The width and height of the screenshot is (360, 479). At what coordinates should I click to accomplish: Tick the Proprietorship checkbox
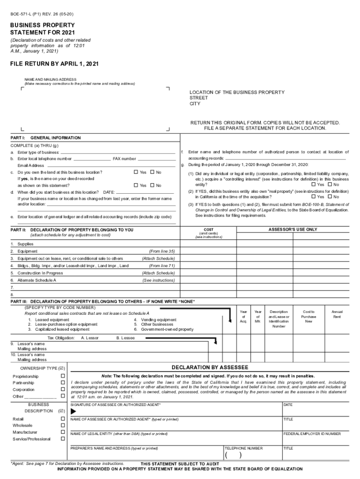coord(63,376)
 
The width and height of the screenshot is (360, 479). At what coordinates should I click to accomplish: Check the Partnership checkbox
coord(63,383)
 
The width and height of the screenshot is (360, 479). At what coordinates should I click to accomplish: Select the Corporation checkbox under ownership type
coord(63,389)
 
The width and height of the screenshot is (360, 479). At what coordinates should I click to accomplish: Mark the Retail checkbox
coord(63,419)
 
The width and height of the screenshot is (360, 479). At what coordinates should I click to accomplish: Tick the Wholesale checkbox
coord(63,425)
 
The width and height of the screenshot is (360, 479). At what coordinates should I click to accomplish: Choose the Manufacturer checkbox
coord(63,432)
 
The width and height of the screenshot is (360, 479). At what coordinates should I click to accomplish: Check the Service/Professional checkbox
coord(63,439)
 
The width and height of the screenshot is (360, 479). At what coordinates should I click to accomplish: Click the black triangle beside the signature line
coord(73,411)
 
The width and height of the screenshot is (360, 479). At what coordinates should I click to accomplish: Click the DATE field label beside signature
coord(288,404)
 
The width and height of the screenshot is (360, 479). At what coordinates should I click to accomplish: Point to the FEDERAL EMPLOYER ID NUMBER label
coord(312,434)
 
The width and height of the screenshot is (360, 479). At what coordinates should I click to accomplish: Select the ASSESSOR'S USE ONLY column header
coord(293,230)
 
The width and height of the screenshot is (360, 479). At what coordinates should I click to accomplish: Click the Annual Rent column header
coord(337,314)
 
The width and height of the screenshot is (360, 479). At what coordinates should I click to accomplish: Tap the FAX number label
coord(124,159)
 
